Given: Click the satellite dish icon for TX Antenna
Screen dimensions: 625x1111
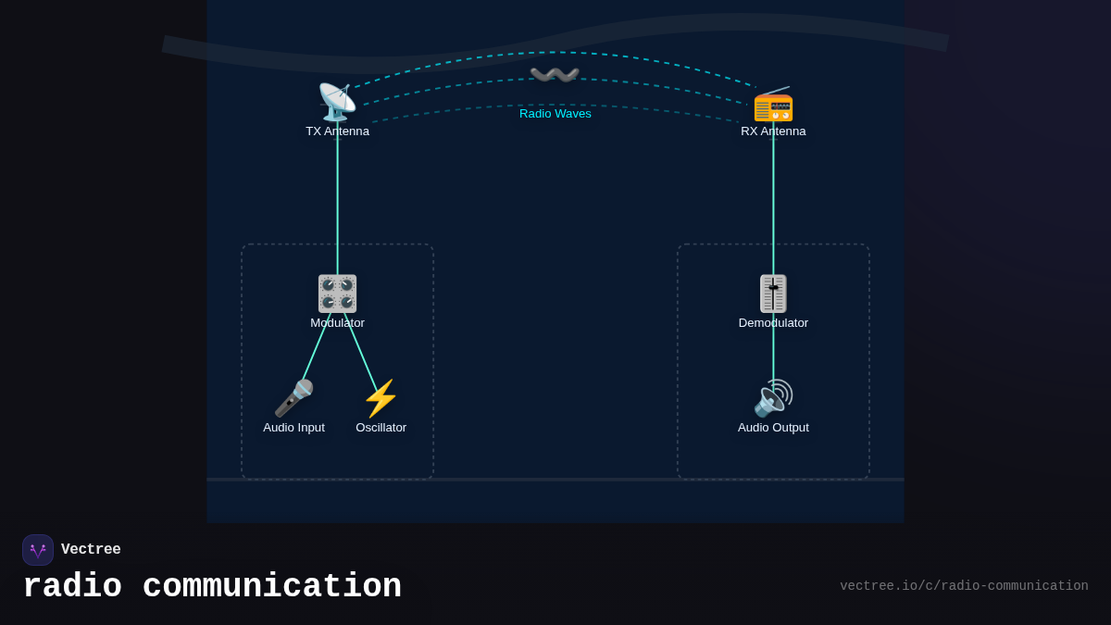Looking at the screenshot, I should click(337, 102).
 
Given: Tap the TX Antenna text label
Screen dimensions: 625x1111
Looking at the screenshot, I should click(337, 131).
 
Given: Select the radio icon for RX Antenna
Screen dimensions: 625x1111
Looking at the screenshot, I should click(773, 103).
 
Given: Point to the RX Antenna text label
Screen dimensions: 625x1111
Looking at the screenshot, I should click(773, 131).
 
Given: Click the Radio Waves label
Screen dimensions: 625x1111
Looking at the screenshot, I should click(555, 114).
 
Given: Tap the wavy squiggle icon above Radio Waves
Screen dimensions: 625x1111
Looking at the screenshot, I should click(555, 74).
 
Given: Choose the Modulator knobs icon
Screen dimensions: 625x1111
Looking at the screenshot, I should click(337, 293).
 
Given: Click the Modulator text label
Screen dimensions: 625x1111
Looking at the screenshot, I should click(337, 323).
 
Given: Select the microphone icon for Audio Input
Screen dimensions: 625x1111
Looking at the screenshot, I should click(293, 398).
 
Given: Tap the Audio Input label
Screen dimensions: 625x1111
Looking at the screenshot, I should click(293, 428).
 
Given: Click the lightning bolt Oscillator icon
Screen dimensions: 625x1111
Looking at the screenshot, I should click(381, 398).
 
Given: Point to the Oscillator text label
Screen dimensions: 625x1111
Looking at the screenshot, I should click(381, 428).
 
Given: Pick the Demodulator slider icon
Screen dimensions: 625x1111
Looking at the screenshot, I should click(773, 293).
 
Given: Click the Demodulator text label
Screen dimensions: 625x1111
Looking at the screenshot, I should click(773, 323).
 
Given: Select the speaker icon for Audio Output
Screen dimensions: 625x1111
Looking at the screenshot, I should click(773, 398).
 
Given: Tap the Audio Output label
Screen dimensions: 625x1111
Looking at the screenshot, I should click(773, 428).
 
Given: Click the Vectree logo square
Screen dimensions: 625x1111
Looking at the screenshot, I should click(38, 550).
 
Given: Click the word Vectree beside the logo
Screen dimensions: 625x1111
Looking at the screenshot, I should click(91, 550).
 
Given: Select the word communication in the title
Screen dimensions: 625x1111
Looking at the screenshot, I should click(272, 587).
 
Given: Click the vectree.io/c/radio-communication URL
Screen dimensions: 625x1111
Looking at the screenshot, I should click(964, 586).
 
